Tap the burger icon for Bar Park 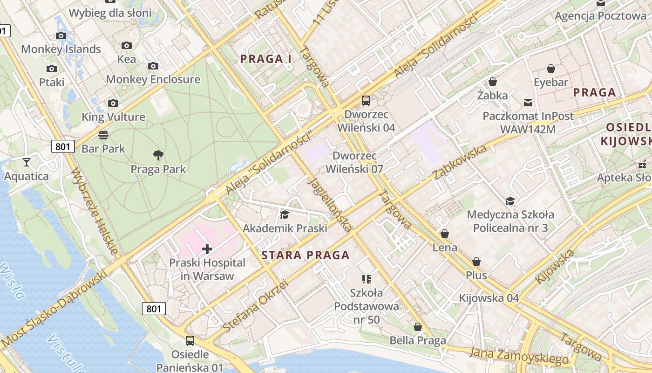pos(103,135)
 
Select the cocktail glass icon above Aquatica pos(27,162)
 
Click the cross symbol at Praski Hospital pos(207,249)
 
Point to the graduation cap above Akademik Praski pos(284,214)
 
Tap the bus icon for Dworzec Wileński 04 pos(366,100)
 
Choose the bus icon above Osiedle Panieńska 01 pos(190,340)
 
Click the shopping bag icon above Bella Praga pos(418,327)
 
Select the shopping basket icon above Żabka pos(493,82)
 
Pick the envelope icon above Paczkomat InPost pos(528,102)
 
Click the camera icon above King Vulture pos(113,103)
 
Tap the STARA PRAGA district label pos(305,255)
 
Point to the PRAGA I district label pos(265,59)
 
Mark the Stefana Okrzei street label pos(256,306)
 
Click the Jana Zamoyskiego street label pos(519,356)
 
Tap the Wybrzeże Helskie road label pos(95,211)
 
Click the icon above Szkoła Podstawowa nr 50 pos(367,279)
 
